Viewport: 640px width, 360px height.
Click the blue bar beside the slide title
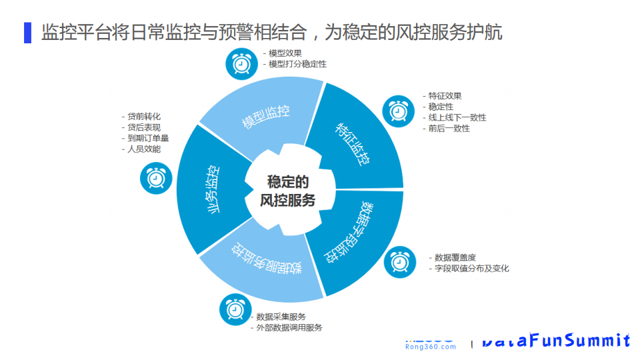point(27,32)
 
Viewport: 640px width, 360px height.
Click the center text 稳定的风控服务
point(288,191)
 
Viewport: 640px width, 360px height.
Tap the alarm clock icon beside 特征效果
point(398,110)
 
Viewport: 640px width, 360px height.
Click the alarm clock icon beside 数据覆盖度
point(400,262)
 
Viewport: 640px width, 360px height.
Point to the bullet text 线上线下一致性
point(457,117)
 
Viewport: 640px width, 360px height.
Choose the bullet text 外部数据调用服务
point(289,327)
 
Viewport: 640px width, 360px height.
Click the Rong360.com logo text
point(431,346)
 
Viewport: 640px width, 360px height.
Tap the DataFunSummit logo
point(556,341)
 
